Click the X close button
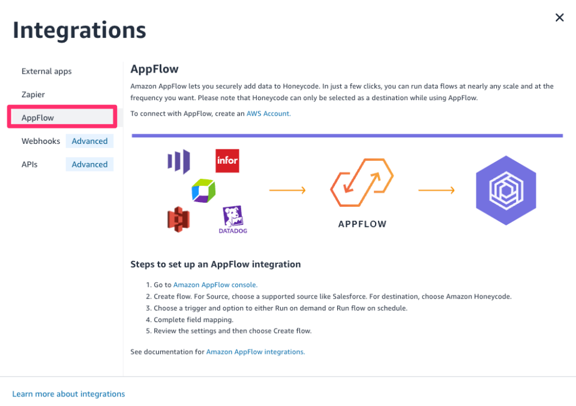point(559,17)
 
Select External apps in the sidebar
point(46,71)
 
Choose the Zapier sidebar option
point(33,95)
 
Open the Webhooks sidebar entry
point(41,141)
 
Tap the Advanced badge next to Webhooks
point(89,141)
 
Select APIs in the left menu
point(29,164)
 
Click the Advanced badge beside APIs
point(89,164)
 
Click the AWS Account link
point(268,113)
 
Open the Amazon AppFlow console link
point(215,285)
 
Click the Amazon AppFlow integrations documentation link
point(256,352)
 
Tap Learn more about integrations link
point(68,394)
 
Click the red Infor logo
point(227,161)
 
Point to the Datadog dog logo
point(233,218)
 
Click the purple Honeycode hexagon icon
point(506,190)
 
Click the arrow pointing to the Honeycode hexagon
point(436,190)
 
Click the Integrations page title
point(79,30)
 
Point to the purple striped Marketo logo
point(179,161)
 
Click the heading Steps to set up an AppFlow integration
point(215,264)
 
